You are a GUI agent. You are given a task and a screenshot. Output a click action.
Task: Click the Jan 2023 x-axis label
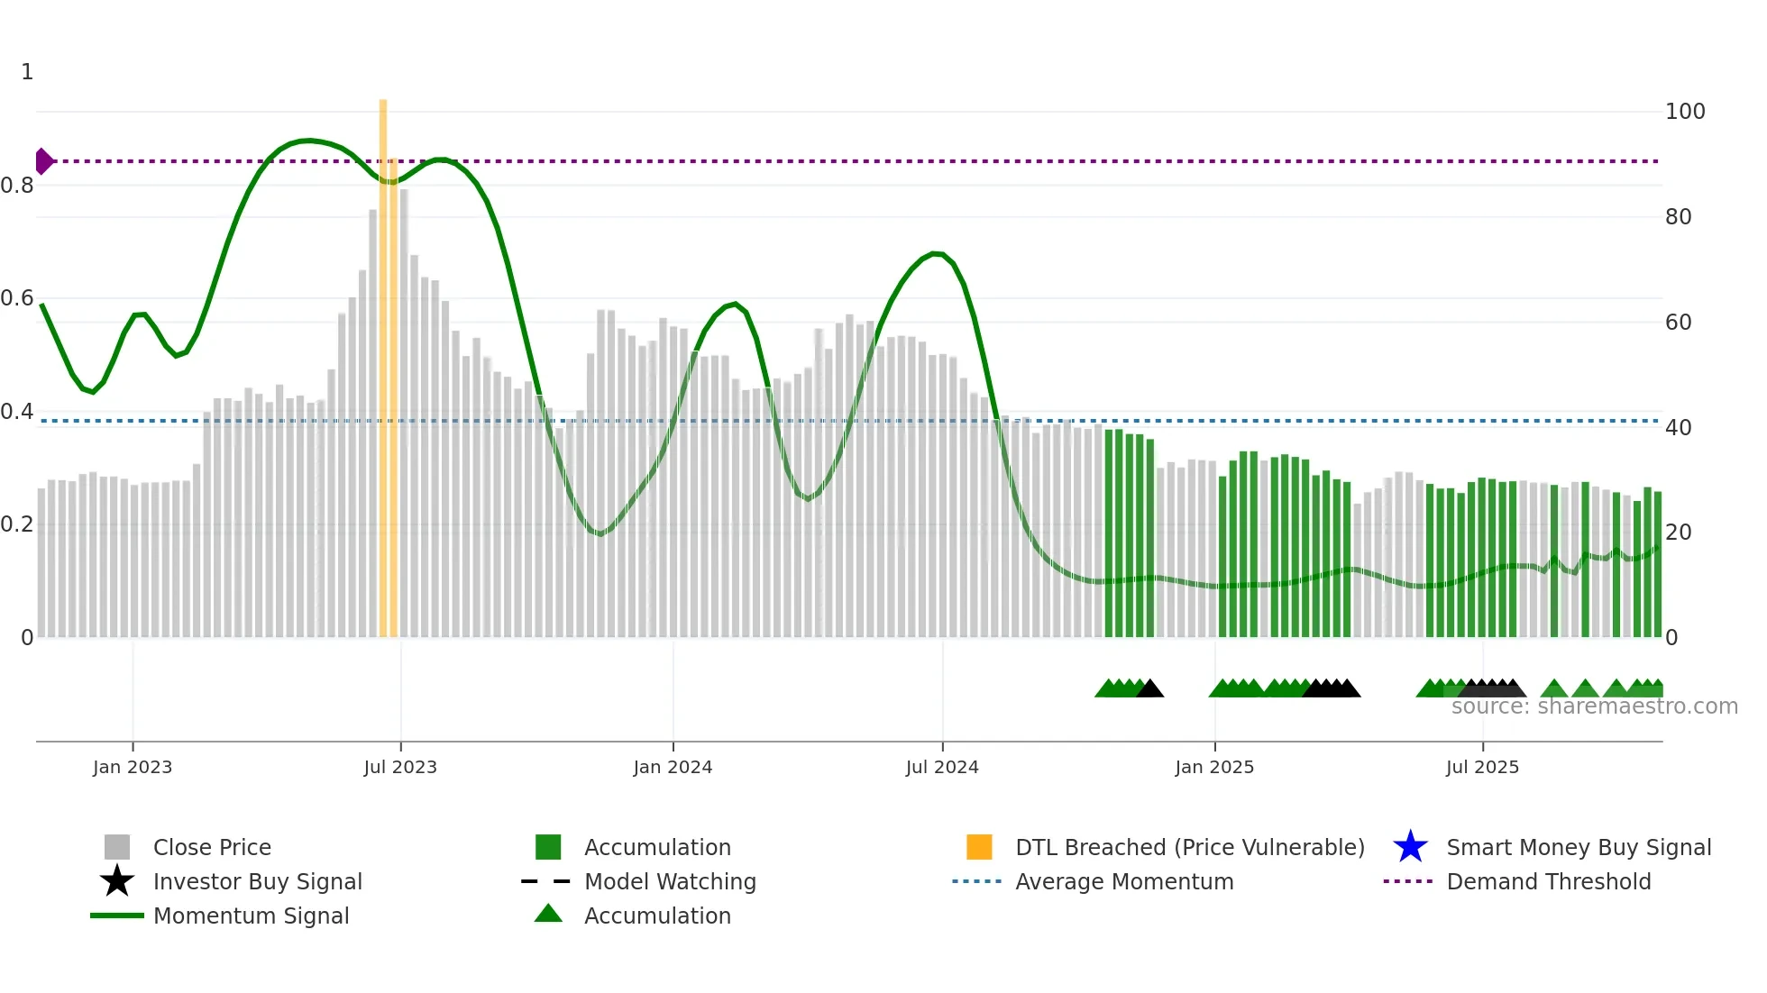pos(133,767)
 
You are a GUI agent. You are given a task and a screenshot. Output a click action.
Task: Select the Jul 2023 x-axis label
pos(400,767)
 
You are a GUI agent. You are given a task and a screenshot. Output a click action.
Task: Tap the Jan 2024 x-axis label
pos(673,767)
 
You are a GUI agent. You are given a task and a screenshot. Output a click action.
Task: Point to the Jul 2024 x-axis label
pos(942,767)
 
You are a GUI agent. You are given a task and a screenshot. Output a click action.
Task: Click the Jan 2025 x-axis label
pos(1214,767)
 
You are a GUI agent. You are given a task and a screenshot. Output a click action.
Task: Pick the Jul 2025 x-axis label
pos(1482,767)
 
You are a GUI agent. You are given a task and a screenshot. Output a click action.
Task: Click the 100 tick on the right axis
pos(1685,112)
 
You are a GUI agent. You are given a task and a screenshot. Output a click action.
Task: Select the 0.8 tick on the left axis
pos(17,186)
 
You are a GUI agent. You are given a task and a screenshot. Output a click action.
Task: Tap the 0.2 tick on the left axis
pos(17,524)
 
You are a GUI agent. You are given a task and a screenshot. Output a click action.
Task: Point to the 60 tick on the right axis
pos(1678,323)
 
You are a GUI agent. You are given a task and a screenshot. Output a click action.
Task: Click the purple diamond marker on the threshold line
pos(43,161)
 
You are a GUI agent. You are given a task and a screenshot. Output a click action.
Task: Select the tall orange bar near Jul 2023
pos(383,360)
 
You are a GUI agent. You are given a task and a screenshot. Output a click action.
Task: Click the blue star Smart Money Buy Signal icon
pos(1410,847)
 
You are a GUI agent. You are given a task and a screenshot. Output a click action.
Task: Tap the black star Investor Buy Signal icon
pos(117,881)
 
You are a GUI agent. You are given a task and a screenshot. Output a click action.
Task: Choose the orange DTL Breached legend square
pos(979,847)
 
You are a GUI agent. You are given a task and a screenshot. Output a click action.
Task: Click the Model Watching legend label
pos(670,881)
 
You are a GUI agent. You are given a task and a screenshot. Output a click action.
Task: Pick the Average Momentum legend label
pos(1124,881)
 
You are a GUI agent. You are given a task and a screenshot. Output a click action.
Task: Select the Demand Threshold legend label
pos(1549,881)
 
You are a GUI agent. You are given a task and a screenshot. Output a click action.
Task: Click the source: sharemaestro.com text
pos(1594,706)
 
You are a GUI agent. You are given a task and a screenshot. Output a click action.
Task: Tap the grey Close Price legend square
pos(117,847)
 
